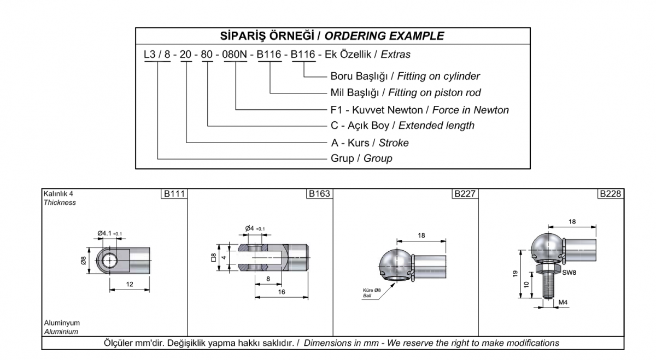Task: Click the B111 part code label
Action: pos(174,194)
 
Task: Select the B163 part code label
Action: pos(319,194)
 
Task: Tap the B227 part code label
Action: pos(465,194)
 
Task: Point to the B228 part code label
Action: pos(610,194)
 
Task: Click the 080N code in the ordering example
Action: pos(235,55)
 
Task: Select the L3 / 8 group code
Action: pos(157,55)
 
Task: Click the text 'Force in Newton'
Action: pos(471,110)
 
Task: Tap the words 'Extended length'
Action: pos(436,126)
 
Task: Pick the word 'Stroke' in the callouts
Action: pos(394,143)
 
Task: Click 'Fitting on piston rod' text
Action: pos(434,93)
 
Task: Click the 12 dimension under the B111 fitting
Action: pos(130,284)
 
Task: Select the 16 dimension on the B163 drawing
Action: pos(282,292)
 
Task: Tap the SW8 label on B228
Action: pos(569,273)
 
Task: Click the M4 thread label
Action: pos(563,302)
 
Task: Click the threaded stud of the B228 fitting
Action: pos(548,285)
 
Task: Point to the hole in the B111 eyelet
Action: pos(109,260)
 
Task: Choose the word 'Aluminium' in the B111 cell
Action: pos(61,332)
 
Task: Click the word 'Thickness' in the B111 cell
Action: pos(60,203)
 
